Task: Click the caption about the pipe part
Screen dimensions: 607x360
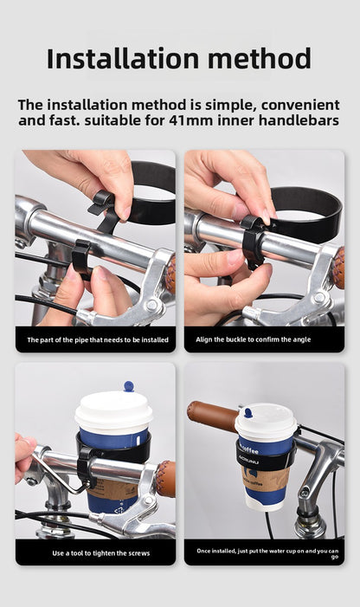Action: (x=95, y=339)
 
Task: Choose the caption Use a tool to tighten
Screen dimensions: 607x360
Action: (x=95, y=552)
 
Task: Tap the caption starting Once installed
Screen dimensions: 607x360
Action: (x=267, y=553)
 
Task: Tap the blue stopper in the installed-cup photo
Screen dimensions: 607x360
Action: (x=247, y=413)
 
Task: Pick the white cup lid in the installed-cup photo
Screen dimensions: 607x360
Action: (x=266, y=423)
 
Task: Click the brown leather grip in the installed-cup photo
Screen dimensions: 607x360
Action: (x=213, y=417)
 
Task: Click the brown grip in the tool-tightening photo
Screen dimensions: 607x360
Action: (x=164, y=478)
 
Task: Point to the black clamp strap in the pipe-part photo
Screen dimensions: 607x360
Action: (x=80, y=257)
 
